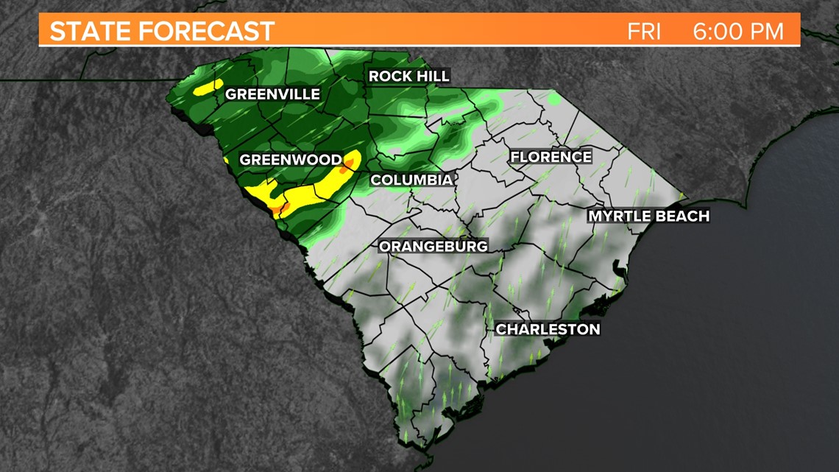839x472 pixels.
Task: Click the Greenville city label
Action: [272, 94]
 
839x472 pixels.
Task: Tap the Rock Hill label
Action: [408, 77]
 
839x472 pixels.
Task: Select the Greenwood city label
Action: [291, 160]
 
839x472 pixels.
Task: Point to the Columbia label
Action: [411, 180]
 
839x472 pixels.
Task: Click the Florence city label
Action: [551, 157]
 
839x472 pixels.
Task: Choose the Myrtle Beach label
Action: [648, 216]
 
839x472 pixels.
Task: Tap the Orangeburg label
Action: [433, 247]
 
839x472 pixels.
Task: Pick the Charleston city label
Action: [548, 329]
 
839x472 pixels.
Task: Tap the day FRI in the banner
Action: [644, 32]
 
